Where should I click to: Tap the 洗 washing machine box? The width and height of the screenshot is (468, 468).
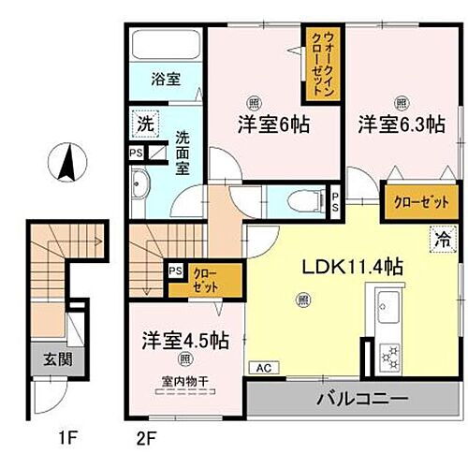(146, 122)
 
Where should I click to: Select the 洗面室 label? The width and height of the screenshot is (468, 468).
(183, 149)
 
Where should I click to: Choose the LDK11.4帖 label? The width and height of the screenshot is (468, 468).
(351, 267)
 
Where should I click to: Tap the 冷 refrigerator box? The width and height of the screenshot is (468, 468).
(439, 239)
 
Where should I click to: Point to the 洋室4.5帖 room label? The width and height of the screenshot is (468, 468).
(185, 339)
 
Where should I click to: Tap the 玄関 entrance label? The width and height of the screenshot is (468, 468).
(51, 358)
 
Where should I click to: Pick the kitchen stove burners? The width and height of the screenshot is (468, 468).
(387, 355)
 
